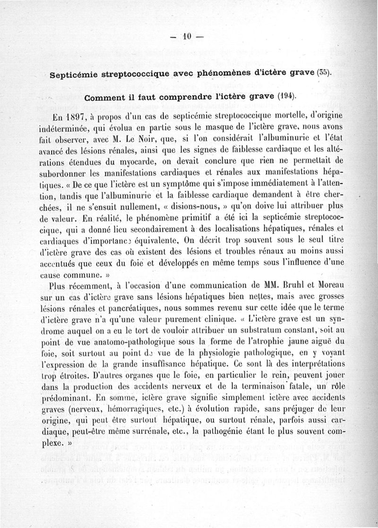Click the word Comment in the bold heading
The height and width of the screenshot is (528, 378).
pyautogui.click(x=104, y=97)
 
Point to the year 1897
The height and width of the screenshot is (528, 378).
pyautogui.click(x=78, y=117)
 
